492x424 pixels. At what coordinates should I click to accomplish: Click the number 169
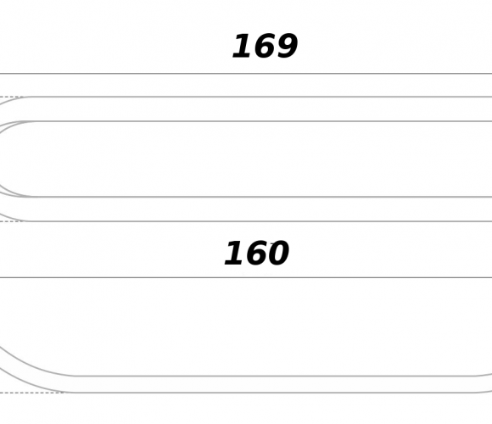tap(266, 46)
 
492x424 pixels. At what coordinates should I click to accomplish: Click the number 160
tap(257, 253)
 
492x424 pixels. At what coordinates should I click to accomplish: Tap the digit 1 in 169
tap(243, 46)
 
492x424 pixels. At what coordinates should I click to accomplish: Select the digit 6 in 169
tap(264, 46)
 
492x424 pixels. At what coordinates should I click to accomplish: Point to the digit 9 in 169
tap(286, 46)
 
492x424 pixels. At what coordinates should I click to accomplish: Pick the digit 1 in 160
tap(235, 253)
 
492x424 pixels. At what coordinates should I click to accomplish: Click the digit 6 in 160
tap(256, 253)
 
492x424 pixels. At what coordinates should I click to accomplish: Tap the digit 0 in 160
tap(277, 253)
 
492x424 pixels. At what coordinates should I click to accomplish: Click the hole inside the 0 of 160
tap(277, 253)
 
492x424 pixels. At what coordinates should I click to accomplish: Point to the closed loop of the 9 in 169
tap(287, 42)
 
